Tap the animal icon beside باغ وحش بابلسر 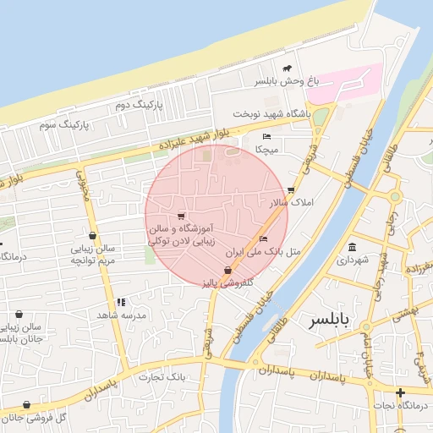[288, 69]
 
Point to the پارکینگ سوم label [63, 124]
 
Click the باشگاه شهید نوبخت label [273, 112]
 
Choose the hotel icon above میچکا [267, 136]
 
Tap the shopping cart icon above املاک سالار [292, 190]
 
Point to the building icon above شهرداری [352, 247]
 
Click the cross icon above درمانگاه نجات [400, 392]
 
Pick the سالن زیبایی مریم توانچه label [92, 255]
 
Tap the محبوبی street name [83, 182]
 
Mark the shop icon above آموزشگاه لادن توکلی [181, 216]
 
